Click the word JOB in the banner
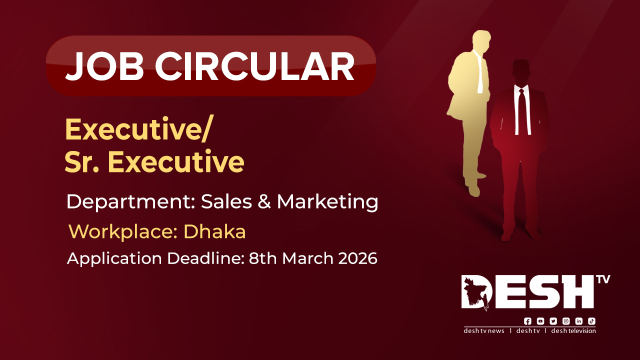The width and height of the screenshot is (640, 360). (x=104, y=66)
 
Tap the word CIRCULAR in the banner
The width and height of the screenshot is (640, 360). (x=254, y=66)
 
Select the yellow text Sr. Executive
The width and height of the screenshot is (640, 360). (x=154, y=162)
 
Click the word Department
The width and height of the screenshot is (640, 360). (x=130, y=202)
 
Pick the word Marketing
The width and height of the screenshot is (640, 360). (x=327, y=202)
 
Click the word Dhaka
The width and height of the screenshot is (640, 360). (x=214, y=231)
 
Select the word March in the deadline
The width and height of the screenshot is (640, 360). (x=307, y=258)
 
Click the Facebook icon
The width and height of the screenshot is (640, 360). (x=527, y=321)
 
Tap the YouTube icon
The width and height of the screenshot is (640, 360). (x=540, y=321)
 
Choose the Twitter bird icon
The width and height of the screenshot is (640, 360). (x=553, y=321)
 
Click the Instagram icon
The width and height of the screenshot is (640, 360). (x=566, y=321)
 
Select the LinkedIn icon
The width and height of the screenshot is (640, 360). (x=579, y=321)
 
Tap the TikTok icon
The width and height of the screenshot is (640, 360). (x=591, y=321)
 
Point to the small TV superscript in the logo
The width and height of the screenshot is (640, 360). (x=603, y=279)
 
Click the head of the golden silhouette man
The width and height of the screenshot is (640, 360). (x=481, y=39)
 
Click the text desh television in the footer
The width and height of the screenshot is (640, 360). (x=573, y=331)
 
